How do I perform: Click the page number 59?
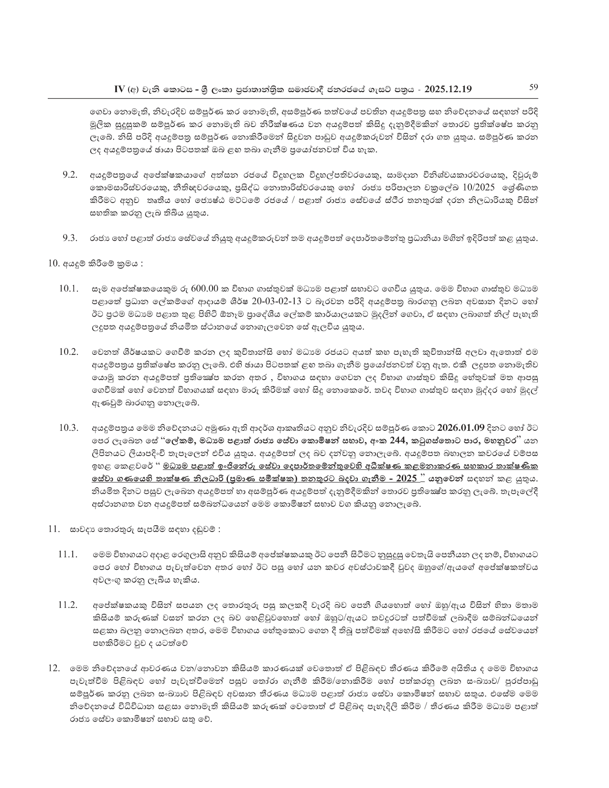click(x=534, y=87)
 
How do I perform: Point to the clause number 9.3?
click(x=70, y=238)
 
